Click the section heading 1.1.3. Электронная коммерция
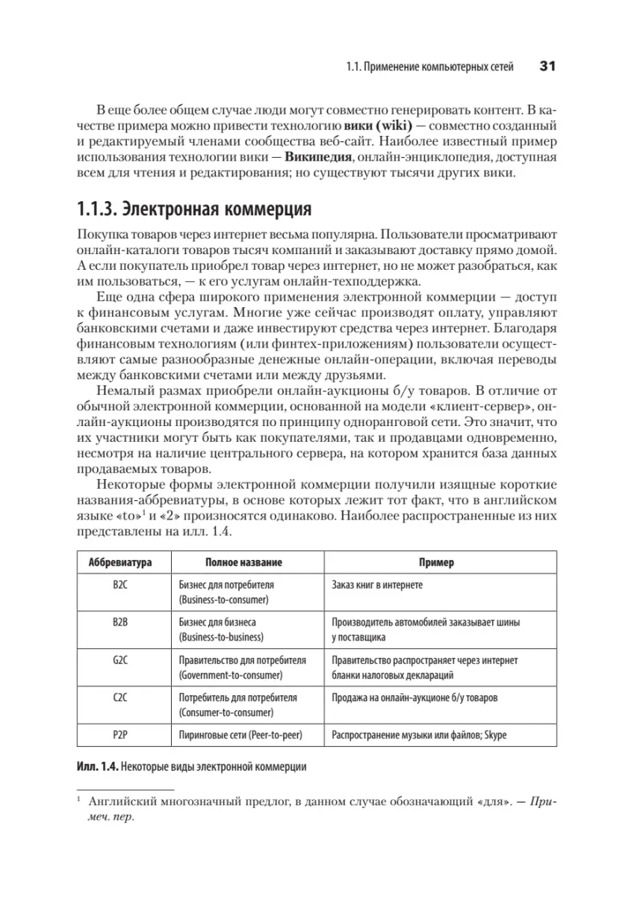pos(194,206)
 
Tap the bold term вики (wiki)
pos(380,123)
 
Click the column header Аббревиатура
pos(124,562)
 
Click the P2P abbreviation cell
pos(124,735)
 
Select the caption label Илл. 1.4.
pos(97,767)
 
